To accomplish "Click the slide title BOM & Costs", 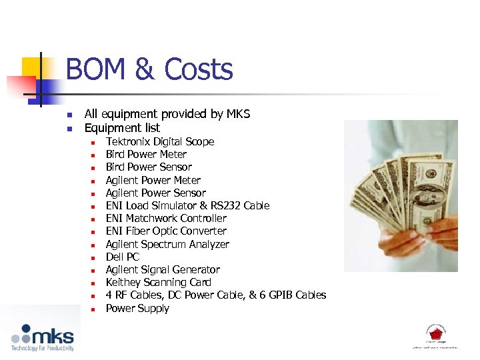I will click(x=149, y=70).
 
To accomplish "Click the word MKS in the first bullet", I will click(x=237, y=114).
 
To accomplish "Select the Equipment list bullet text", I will click(x=122, y=127).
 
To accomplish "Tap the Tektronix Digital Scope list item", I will click(x=160, y=141).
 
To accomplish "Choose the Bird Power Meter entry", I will click(x=146, y=154).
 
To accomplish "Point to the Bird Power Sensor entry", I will click(x=149, y=167).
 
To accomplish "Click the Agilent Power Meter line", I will click(x=153, y=180).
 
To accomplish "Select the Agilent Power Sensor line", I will click(x=155, y=193).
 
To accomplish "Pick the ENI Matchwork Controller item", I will click(x=166, y=218).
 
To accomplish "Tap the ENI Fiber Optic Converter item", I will click(x=166, y=231).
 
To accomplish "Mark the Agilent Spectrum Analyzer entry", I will click(x=167, y=244).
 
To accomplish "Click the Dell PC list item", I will click(x=123, y=257).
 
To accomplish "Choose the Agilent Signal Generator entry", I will click(x=163, y=269).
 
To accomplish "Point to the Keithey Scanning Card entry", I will click(x=159, y=282).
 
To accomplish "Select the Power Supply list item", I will click(x=137, y=308).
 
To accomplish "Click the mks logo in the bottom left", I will click(x=43, y=337).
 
